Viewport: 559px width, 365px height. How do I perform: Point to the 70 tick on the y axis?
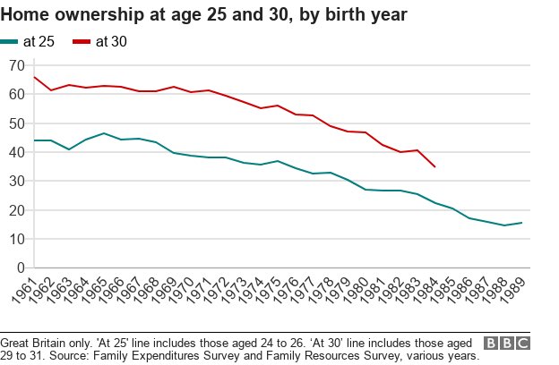click(x=15, y=65)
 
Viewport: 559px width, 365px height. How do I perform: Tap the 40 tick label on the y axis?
click(x=15, y=152)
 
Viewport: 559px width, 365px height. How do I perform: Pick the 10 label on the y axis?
click(x=15, y=239)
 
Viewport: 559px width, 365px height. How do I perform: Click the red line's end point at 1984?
click(x=435, y=166)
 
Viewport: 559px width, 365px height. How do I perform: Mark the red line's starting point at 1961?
click(x=34, y=77)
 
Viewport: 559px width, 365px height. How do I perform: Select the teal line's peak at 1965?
click(x=104, y=133)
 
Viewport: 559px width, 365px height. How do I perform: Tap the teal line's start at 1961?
click(x=34, y=140)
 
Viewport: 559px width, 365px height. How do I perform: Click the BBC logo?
click(x=506, y=344)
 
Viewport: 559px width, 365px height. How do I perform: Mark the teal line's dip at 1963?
click(x=69, y=149)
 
